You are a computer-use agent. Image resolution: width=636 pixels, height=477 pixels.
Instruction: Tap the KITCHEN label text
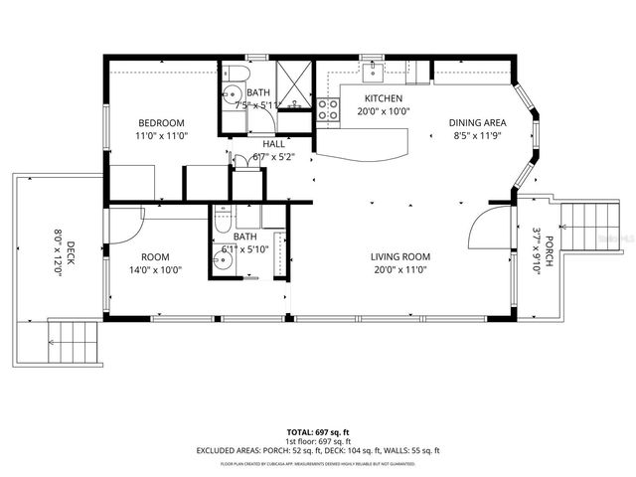(383, 98)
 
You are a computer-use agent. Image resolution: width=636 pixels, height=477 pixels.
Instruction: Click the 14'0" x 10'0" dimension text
(156, 268)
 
